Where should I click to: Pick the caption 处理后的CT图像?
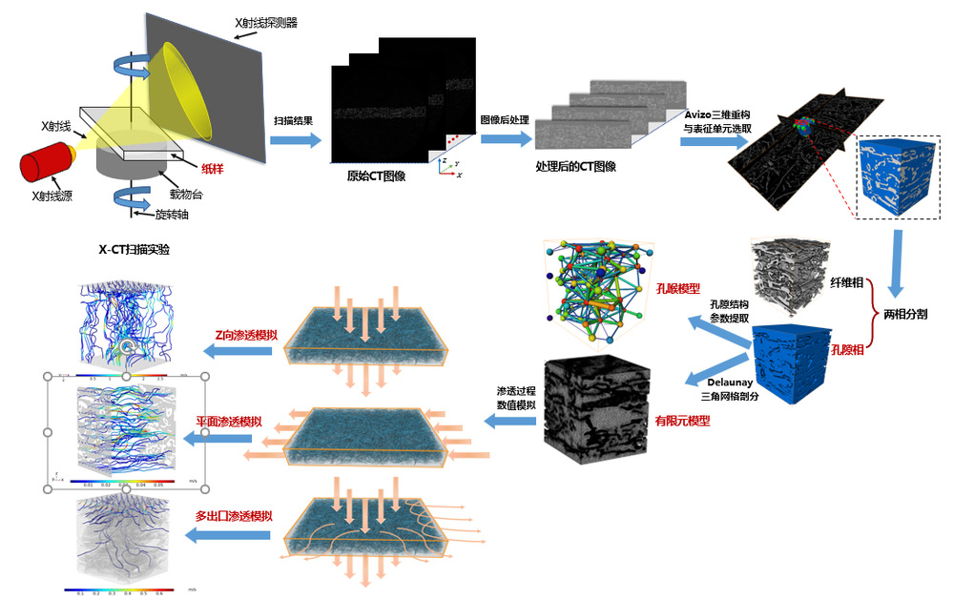[x=575, y=165]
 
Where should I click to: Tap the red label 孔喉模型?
[x=678, y=286]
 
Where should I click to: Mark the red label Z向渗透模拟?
[x=242, y=335]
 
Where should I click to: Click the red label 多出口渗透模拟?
[x=235, y=516]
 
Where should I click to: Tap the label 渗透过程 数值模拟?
[x=516, y=399]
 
